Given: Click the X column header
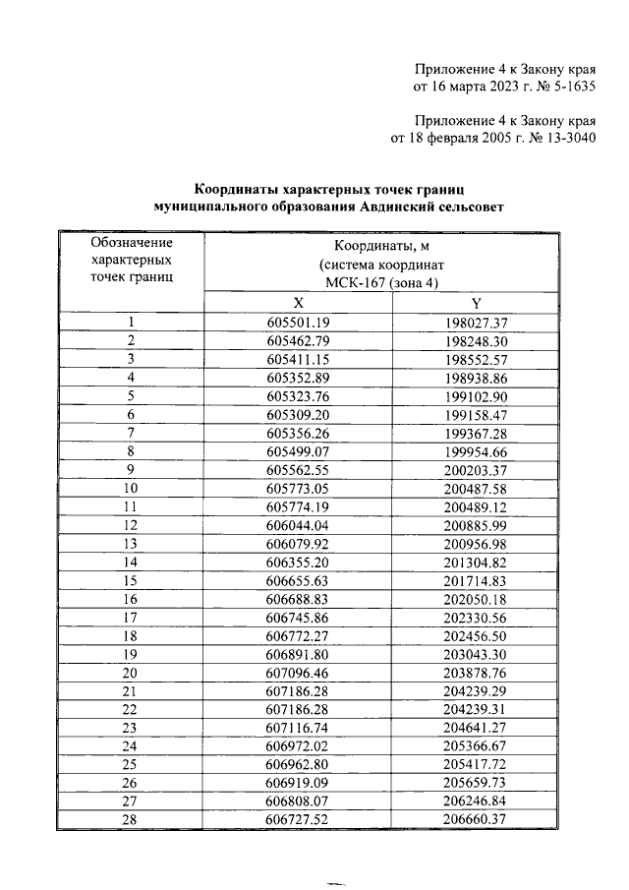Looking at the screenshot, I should click(298, 303).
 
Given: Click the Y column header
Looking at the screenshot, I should click(475, 303).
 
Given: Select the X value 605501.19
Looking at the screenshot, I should click(298, 323).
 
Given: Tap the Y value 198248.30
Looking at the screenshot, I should click(475, 340).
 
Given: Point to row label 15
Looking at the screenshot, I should click(130, 581).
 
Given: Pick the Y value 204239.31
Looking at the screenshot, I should click(475, 710).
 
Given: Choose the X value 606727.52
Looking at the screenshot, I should click(298, 819).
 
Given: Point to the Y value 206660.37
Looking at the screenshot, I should click(475, 819).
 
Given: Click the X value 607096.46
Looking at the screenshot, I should click(298, 673).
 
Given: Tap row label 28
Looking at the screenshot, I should click(130, 819).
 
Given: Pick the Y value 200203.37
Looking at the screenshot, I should click(475, 469).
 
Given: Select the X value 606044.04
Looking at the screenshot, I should click(298, 525).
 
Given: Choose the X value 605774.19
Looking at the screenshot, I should click(298, 506).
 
